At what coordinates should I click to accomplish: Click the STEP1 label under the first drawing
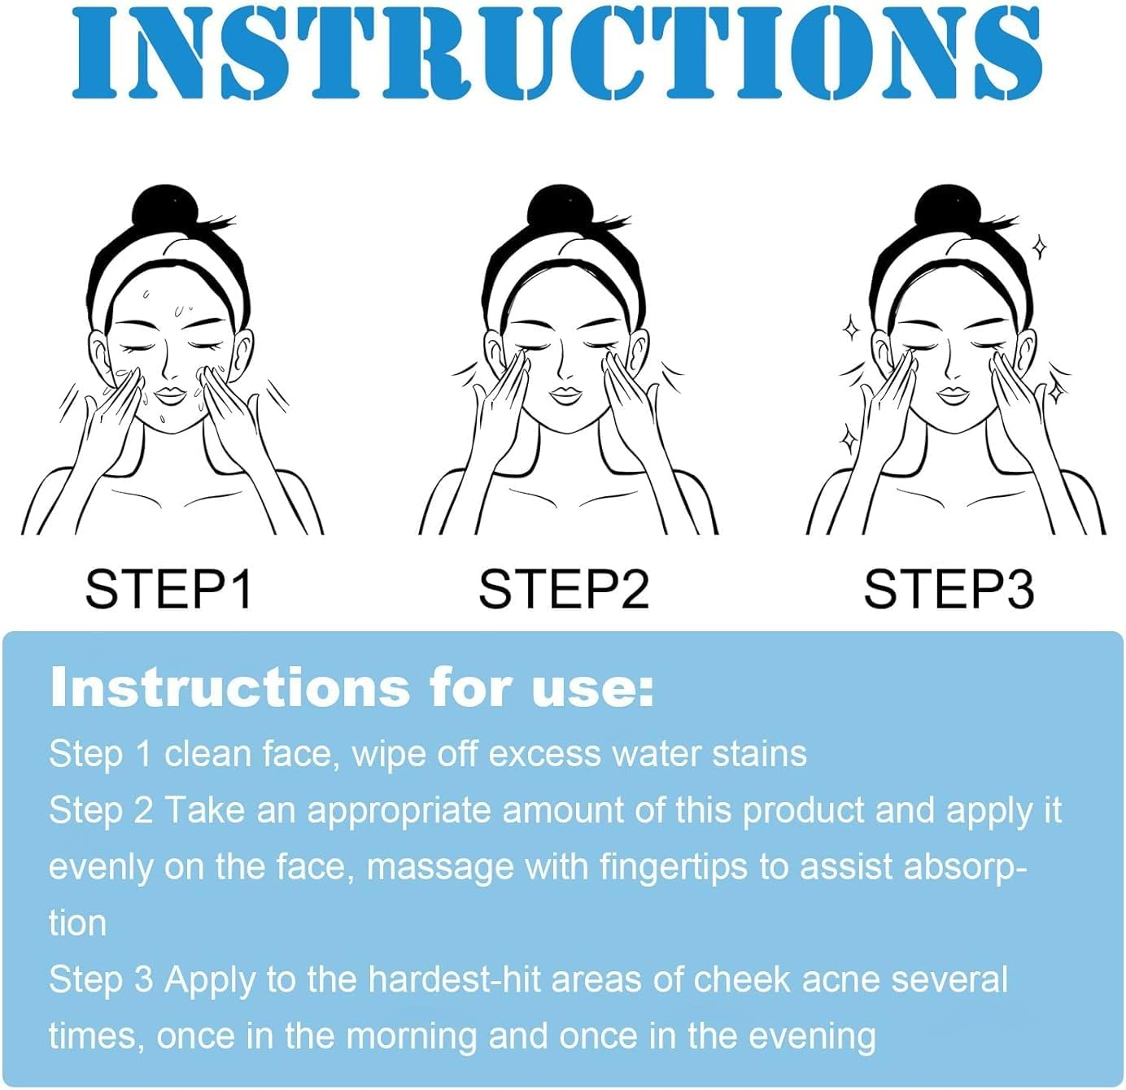point(168,589)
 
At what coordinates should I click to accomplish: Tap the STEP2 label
point(563,589)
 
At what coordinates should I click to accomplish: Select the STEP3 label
point(948,589)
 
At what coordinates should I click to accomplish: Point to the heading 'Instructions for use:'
point(351,688)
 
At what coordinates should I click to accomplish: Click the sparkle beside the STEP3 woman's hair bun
point(1039,246)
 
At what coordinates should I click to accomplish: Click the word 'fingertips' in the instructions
point(673,867)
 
